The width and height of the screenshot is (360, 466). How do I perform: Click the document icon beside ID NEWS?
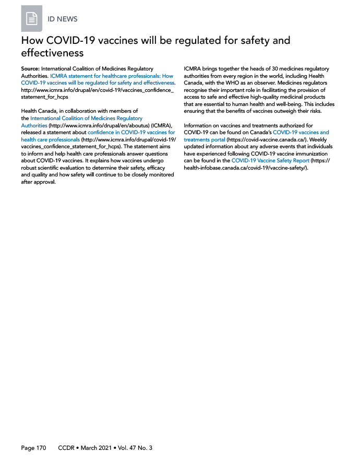[32, 19]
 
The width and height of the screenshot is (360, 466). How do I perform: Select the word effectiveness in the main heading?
[52, 53]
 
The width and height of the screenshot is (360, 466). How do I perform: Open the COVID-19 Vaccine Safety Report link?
[270, 161]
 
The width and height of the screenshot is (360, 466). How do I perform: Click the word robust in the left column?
[29, 169]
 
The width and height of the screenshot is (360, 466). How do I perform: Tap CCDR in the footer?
[67, 448]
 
